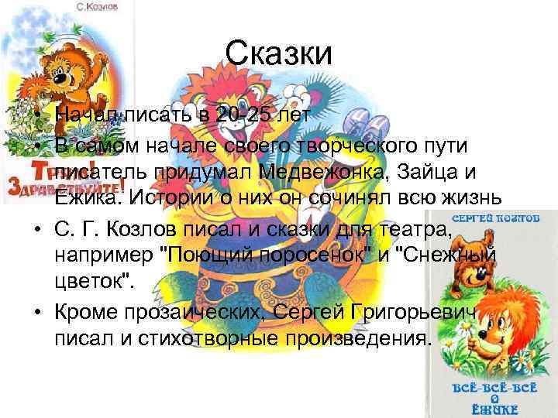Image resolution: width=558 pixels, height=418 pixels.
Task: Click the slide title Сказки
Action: [x=279, y=54]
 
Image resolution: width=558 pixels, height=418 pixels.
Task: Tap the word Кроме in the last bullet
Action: [x=85, y=311]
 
